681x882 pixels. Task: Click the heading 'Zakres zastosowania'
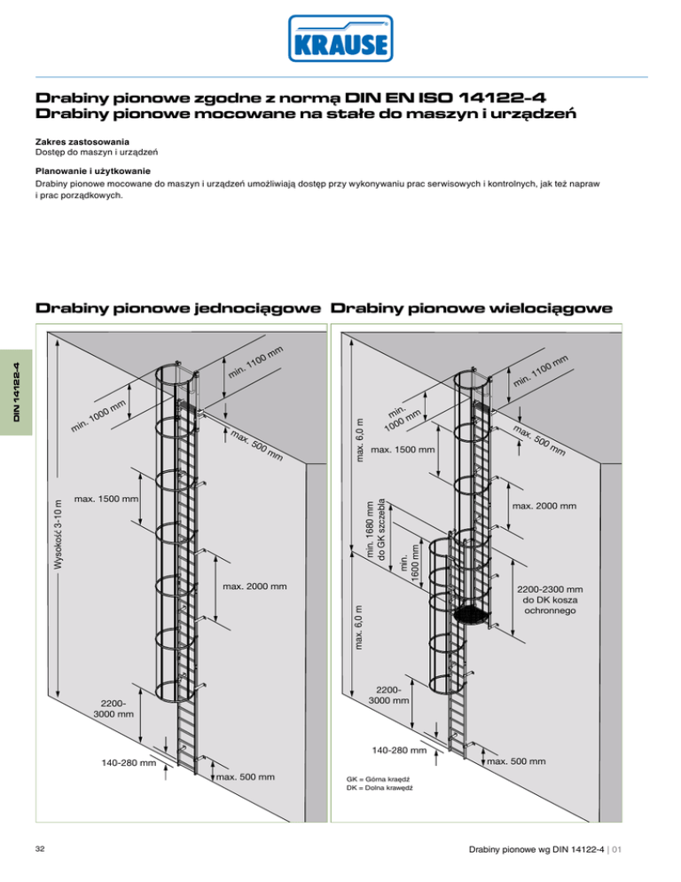click(82, 142)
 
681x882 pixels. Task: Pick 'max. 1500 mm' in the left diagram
click(107, 499)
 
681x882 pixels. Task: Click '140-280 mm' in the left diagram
click(129, 762)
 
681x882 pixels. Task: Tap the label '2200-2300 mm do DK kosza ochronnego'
click(551, 601)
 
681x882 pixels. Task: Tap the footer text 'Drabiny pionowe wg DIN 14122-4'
click(548, 849)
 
